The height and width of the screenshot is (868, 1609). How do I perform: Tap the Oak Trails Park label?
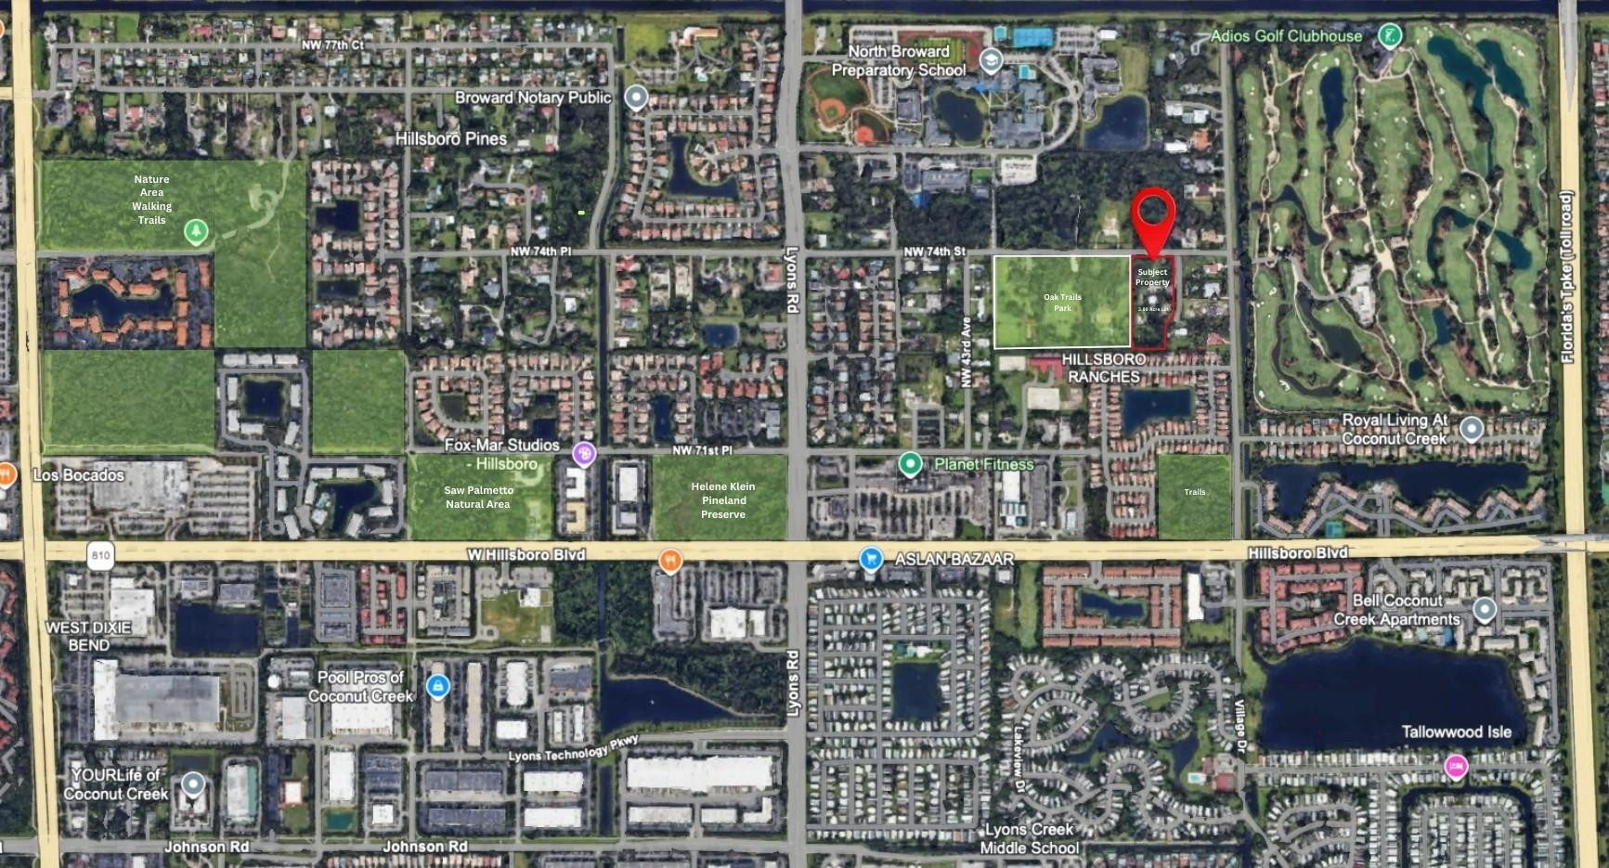(x=1062, y=303)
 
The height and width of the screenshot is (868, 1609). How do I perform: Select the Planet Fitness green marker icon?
(x=910, y=463)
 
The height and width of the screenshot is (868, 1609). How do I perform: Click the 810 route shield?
(x=100, y=555)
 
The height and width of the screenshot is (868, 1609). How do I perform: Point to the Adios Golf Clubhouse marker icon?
(x=1389, y=36)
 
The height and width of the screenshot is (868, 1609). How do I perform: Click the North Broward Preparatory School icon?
(x=991, y=61)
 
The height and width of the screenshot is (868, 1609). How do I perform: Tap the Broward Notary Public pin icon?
(x=636, y=97)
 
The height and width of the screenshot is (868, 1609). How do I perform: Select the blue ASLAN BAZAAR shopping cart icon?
(x=870, y=558)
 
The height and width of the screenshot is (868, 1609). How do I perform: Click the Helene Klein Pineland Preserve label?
(x=722, y=500)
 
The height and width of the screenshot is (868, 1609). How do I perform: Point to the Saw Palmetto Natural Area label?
(x=478, y=497)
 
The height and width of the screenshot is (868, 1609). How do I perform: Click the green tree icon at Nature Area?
(x=195, y=230)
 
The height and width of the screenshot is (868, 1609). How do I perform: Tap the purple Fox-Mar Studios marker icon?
(x=584, y=453)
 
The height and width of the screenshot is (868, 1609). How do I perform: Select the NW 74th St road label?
(x=935, y=252)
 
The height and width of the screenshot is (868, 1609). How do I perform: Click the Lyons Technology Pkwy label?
(x=573, y=751)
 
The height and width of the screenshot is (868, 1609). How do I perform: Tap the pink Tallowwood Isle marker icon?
(x=1456, y=767)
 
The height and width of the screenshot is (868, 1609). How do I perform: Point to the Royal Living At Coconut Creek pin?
(x=1471, y=429)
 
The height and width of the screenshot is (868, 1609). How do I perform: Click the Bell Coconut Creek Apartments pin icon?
(x=1484, y=610)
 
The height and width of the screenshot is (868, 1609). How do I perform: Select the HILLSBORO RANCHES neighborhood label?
(x=1103, y=368)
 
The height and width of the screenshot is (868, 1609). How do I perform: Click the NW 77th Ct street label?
(x=332, y=45)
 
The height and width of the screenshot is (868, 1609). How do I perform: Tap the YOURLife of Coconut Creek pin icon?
(x=193, y=784)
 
